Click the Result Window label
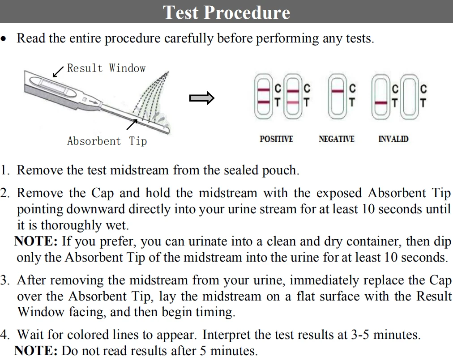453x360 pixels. pyautogui.click(x=106, y=68)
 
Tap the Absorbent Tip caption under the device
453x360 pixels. pyautogui.click(x=107, y=141)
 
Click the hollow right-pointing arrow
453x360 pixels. pyautogui.click(x=201, y=98)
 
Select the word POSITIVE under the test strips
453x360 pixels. pyautogui.click(x=276, y=139)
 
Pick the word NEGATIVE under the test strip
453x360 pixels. pyautogui.click(x=336, y=139)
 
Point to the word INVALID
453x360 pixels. pyautogui.click(x=393, y=139)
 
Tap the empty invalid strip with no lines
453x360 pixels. pyautogui.click(x=409, y=97)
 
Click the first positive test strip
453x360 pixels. pyautogui.click(x=264, y=97)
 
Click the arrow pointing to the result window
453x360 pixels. pyautogui.click(x=58, y=71)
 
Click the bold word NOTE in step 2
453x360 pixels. pyautogui.click(x=36, y=241)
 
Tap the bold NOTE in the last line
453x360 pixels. pyautogui.click(x=36, y=351)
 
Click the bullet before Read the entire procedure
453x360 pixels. pyautogui.click(x=4, y=39)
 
